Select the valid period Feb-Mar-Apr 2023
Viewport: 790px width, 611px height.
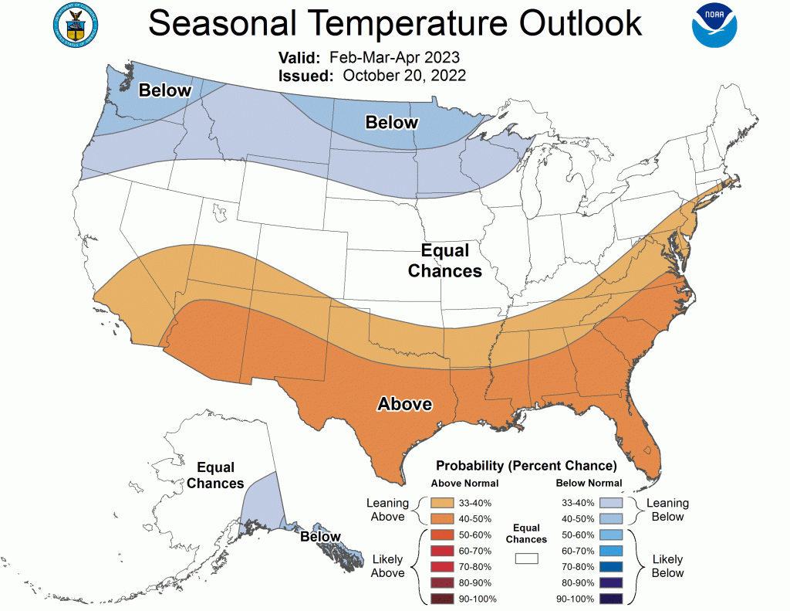[394, 58]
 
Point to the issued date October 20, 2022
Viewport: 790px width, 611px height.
[404, 75]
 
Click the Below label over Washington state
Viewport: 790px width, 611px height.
[164, 90]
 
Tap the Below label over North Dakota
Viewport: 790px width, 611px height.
[391, 122]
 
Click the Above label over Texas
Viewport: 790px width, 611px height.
[404, 404]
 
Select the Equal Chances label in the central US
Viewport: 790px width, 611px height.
[445, 260]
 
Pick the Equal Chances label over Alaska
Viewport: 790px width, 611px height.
[215, 475]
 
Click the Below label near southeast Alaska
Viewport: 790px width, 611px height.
[320, 536]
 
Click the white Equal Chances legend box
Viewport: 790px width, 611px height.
[527, 558]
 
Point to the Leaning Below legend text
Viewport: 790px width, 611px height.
[667, 510]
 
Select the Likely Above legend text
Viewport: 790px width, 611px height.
[387, 566]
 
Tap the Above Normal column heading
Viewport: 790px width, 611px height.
[464, 484]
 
